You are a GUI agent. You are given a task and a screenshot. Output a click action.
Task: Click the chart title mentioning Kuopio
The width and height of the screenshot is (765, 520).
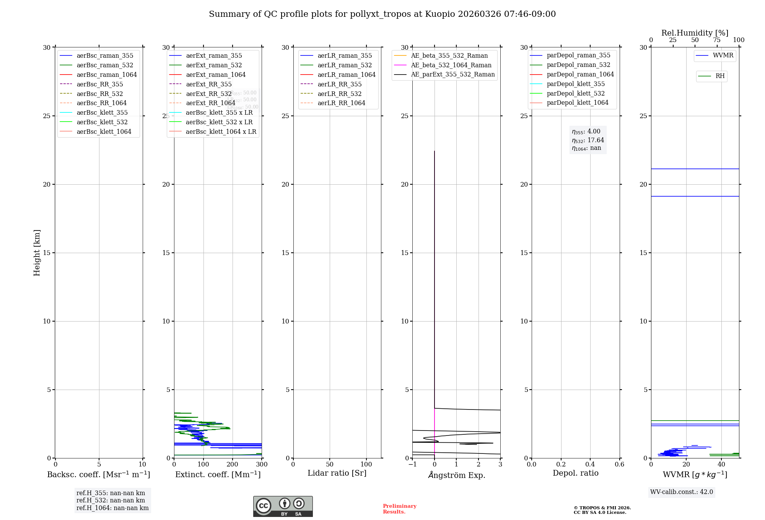(382, 14)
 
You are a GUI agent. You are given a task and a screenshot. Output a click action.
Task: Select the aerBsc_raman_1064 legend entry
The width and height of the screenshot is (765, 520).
(106, 75)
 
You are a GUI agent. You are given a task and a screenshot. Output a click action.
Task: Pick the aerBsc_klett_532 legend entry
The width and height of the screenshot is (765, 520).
(102, 122)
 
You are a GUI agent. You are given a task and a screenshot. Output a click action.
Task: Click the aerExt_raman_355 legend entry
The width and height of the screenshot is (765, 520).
(214, 56)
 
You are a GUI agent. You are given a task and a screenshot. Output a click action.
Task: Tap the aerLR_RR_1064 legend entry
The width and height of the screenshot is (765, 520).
(341, 103)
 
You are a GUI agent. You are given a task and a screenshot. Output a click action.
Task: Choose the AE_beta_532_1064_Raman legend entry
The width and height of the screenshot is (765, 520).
(451, 65)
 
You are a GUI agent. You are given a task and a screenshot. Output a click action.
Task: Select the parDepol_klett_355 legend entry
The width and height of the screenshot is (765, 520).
(576, 84)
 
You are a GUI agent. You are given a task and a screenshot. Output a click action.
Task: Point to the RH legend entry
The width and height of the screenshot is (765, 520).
(720, 76)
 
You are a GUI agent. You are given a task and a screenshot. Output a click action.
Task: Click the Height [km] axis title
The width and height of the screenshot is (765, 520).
(37, 252)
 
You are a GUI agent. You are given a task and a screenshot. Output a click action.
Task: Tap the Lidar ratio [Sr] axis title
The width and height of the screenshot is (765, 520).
(337, 473)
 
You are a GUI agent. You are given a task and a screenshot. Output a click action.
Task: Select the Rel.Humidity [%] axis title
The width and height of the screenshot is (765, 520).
(695, 33)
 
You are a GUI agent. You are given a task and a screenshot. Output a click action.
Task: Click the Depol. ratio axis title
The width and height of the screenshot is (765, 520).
(575, 473)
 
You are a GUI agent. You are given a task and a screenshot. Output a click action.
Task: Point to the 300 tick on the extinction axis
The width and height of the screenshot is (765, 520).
(262, 465)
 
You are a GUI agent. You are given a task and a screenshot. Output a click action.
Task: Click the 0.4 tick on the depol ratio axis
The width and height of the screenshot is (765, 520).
(590, 465)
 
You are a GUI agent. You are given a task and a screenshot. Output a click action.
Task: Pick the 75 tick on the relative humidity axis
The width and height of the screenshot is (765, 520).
(717, 40)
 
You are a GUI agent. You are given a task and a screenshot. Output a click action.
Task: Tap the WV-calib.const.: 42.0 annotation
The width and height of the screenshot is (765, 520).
(682, 492)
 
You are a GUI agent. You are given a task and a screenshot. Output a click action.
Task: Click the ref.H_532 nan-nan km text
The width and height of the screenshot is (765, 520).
(111, 500)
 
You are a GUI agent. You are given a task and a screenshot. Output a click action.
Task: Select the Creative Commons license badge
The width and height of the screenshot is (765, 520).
(283, 506)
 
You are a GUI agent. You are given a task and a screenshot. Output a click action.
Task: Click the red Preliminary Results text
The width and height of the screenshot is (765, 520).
(399, 509)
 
